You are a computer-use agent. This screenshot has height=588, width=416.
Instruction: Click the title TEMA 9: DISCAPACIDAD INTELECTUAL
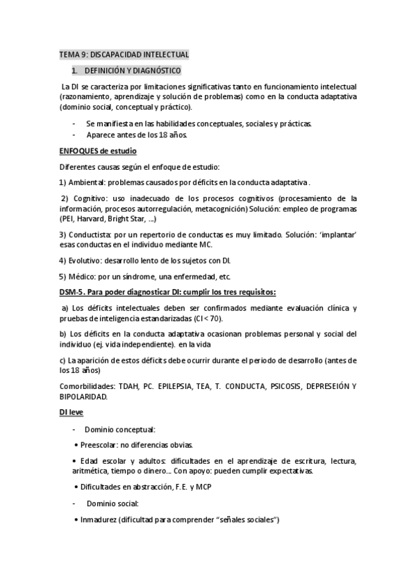124,55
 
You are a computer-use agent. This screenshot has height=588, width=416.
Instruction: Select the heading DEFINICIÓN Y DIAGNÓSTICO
132,71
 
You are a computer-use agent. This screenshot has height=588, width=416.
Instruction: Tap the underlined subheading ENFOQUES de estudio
97,151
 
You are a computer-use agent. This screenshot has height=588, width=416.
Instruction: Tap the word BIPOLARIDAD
83,397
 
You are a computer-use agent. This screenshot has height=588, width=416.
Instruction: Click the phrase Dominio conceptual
120,429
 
